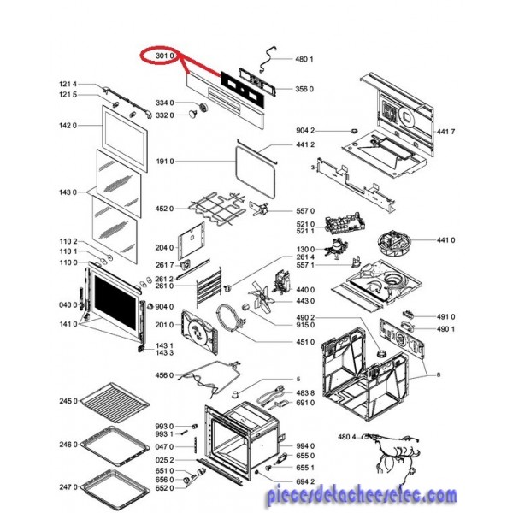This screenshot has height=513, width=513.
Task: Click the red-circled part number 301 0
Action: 164,56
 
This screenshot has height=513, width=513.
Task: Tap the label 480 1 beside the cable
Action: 304,59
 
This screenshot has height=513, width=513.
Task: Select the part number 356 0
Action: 304,89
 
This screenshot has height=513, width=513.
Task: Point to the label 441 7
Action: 445,132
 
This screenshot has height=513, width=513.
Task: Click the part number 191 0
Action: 165,162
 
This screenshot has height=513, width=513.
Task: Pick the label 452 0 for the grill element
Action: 164,209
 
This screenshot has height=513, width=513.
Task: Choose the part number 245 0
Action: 68,401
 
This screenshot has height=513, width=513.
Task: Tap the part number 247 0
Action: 68,487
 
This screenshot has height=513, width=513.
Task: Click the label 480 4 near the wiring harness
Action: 347,437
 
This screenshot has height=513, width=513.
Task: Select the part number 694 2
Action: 305,481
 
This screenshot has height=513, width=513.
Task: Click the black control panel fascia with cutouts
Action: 242,89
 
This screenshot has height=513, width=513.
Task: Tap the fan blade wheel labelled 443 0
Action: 262,298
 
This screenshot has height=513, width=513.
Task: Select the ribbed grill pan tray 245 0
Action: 115,403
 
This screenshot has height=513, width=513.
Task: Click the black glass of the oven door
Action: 115,303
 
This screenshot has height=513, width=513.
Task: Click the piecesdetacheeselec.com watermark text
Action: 362,495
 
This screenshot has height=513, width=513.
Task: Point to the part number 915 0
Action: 305,325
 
